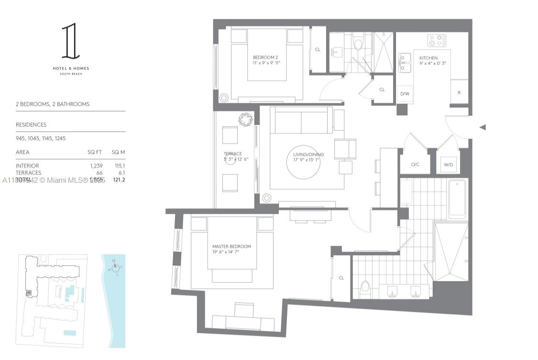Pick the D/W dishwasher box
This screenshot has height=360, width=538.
pyautogui.click(x=405, y=94)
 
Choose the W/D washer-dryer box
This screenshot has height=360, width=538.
pyautogui.click(x=448, y=164)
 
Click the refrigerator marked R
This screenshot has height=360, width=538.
pyautogui.click(x=459, y=93)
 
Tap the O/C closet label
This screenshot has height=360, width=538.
pyautogui.click(x=415, y=164)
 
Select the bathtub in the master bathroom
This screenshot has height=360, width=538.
pyautogui.click(x=457, y=198)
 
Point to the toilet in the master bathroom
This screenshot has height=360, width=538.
pyautogui.click(x=365, y=288)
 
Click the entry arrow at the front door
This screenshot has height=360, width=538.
pyautogui.click(x=483, y=127)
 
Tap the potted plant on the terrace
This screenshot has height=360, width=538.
pyautogui.click(x=246, y=120)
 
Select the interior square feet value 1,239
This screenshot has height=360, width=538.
pyautogui.click(x=95, y=165)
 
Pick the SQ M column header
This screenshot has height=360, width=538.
pyautogui.click(x=118, y=152)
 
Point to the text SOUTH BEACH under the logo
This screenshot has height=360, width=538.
pyautogui.click(x=70, y=74)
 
